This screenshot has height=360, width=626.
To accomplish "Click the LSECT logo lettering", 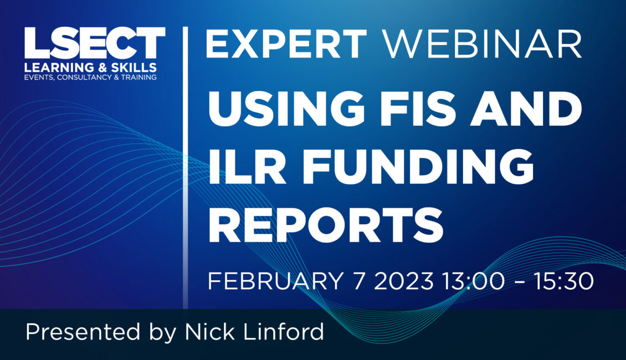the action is (x=95, y=43).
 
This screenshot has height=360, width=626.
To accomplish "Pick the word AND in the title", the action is (x=526, y=109).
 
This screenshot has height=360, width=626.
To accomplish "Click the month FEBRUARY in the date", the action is (x=275, y=281).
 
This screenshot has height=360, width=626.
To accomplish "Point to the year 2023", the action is (x=404, y=281).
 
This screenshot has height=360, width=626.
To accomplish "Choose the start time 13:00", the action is (x=473, y=281).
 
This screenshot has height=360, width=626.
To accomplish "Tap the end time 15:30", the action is (x=564, y=281).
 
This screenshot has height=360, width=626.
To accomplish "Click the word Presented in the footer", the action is (x=83, y=332).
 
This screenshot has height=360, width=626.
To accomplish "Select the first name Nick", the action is (x=209, y=332).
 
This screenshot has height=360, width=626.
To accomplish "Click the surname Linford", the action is (x=284, y=332).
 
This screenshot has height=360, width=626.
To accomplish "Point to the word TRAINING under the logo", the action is (x=138, y=78).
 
